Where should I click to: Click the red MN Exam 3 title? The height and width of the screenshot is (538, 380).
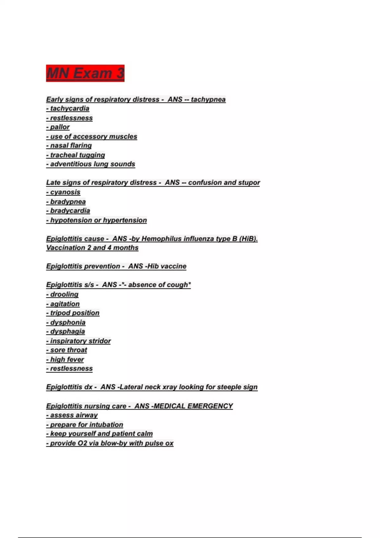pyautogui.click(x=85, y=73)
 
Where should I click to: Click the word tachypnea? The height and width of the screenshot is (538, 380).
pyautogui.click(x=208, y=99)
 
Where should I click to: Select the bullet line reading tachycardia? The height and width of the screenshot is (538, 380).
pyautogui.click(x=68, y=109)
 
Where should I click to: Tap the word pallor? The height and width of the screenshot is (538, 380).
pyautogui.click(x=60, y=127)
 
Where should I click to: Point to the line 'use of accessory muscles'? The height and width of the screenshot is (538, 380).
pyautogui.click(x=92, y=136)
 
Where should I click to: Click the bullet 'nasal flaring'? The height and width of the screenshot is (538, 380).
pyautogui.click(x=69, y=146)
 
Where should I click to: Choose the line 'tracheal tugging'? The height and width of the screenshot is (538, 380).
pyautogui.click(x=76, y=155)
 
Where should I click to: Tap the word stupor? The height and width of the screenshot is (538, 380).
pyautogui.click(x=249, y=183)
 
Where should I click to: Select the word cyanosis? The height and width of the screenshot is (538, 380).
pyautogui.click(x=65, y=192)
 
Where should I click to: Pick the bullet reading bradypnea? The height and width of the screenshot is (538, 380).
pyautogui.click(x=66, y=202)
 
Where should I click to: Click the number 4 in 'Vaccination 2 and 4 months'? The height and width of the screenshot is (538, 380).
pyautogui.click(x=109, y=248)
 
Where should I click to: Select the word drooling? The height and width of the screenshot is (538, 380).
pyautogui.click(x=64, y=294)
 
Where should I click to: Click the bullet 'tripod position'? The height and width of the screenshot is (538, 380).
pyautogui.click(x=73, y=313)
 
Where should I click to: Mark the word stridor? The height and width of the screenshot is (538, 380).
pyautogui.click(x=100, y=341)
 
